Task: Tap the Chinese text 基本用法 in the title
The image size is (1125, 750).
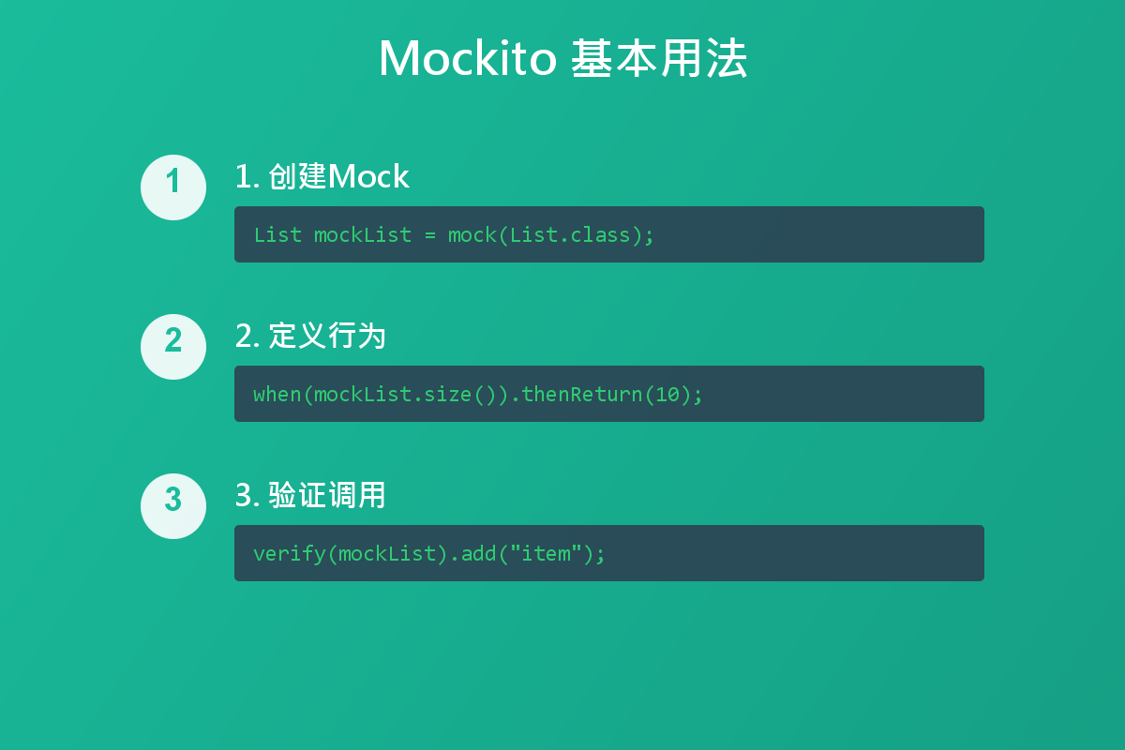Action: point(659,59)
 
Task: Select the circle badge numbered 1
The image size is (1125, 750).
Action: point(173,187)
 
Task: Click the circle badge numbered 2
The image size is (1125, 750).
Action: point(173,347)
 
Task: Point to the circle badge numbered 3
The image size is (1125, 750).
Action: point(173,506)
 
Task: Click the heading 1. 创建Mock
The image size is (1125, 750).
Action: point(322,176)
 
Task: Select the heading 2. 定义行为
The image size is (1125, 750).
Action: point(310,336)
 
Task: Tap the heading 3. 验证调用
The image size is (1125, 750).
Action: point(310,495)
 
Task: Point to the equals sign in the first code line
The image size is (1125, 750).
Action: point(430,234)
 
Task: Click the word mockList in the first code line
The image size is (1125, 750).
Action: point(363,234)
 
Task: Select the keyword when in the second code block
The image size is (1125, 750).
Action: point(277,394)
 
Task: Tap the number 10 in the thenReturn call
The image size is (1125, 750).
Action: point(667,394)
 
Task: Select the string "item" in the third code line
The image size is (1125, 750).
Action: point(546,553)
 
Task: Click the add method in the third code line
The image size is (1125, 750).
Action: point(479,553)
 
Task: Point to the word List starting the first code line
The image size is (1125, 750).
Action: point(277,234)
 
